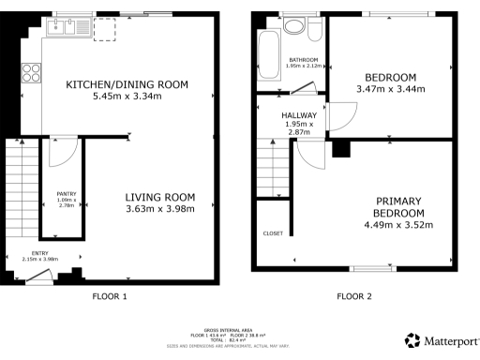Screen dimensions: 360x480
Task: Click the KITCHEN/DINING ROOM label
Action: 127,84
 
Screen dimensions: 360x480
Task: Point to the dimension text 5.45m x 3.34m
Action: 127,96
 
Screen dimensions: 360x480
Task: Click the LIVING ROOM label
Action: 160,197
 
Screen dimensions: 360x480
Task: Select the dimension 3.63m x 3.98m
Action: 160,209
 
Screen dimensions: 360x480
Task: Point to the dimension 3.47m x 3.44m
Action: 391,89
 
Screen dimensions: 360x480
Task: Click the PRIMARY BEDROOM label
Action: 398,207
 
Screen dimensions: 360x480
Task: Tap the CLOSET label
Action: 273,233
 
